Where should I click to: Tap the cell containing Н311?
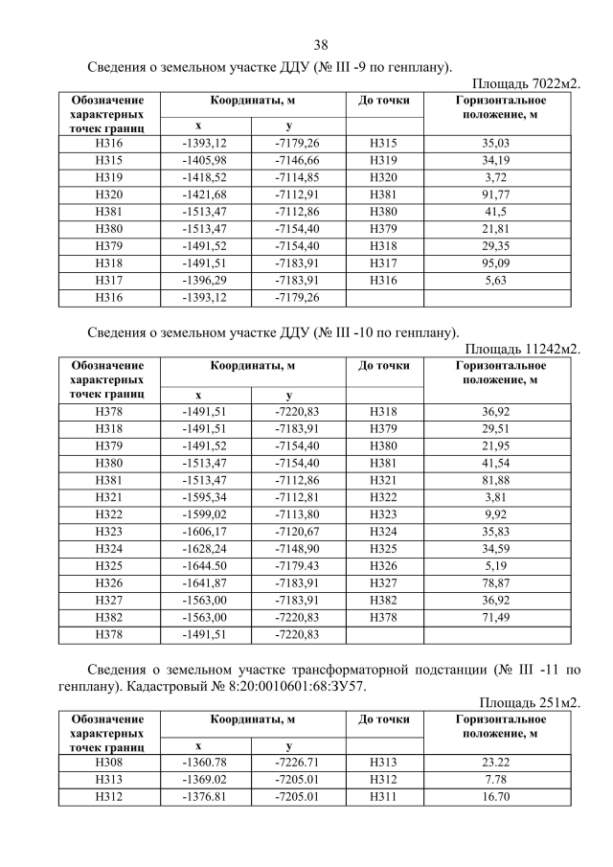pos(383,795)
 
